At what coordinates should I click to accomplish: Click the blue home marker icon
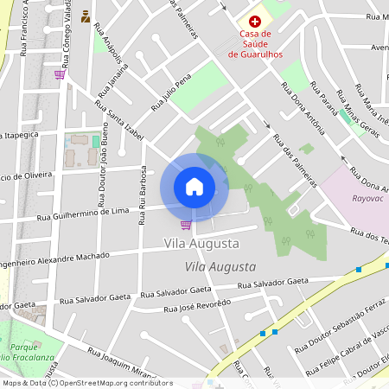coord(194,187)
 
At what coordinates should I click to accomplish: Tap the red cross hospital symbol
coord(254,21)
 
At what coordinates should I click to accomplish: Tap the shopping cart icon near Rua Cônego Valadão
coord(59,74)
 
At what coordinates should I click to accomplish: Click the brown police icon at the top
coord(85,16)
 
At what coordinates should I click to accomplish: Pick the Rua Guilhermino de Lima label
coord(83,214)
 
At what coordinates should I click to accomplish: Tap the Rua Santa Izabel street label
coord(118,124)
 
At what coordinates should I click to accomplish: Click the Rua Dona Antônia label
coord(303,109)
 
